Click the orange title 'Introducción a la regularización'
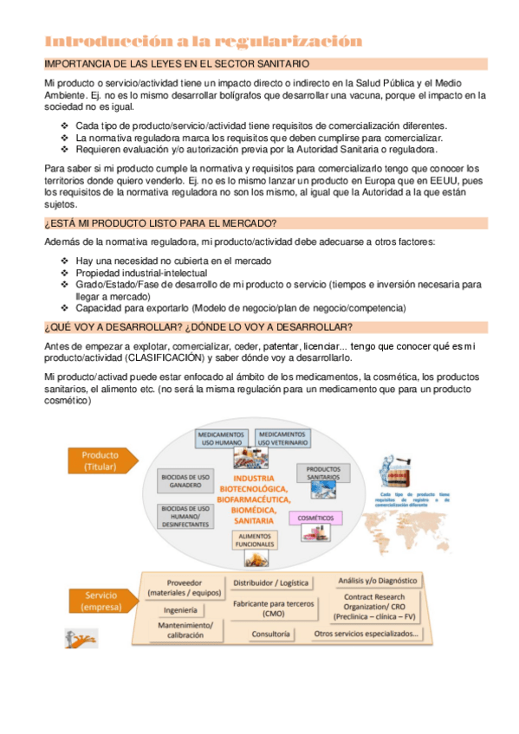tap(203, 41)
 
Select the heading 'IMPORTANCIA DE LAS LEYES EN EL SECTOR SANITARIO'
tap(177, 63)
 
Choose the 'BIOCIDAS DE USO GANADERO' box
tap(185, 480)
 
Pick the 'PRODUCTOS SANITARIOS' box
tap(323, 473)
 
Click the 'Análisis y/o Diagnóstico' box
tap(377, 580)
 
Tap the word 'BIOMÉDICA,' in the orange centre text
tap(255, 511)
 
